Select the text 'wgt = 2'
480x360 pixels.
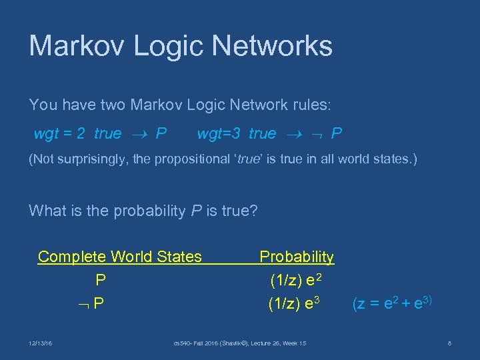59,134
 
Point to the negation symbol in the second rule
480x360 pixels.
318,135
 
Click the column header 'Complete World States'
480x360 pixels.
120,257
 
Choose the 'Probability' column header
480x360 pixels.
297,257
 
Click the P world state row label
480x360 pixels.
101,280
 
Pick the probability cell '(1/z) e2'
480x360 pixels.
295,280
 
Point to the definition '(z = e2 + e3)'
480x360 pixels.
393,303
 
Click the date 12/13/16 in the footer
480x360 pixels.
41,343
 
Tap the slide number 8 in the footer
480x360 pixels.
450,343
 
